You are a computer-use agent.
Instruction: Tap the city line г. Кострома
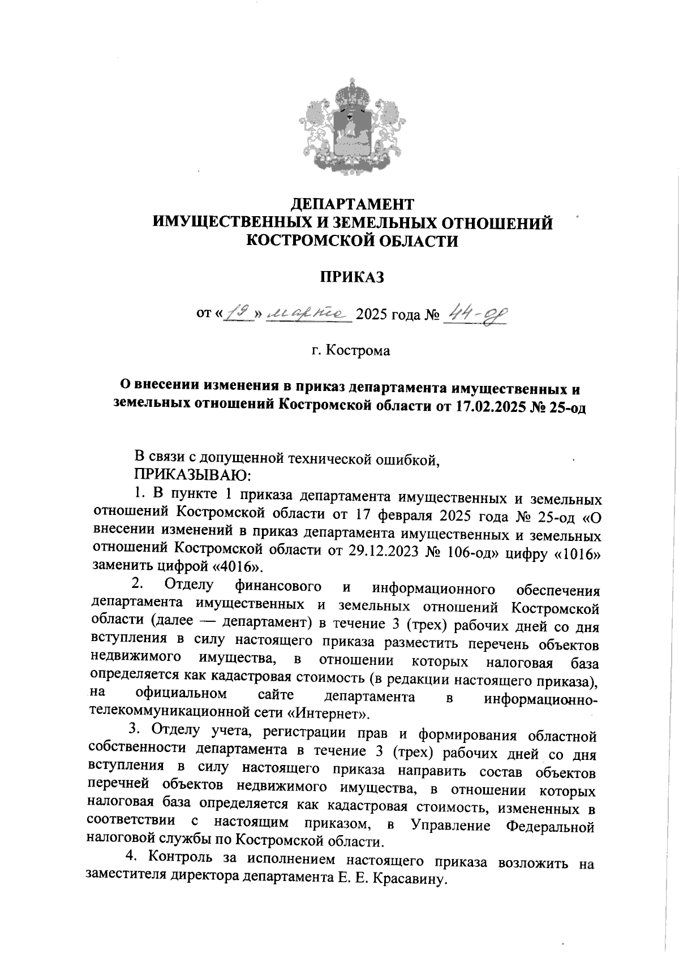tap(351, 351)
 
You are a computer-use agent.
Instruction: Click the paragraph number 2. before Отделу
tap(137, 583)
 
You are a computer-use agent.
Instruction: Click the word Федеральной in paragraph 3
tap(549, 827)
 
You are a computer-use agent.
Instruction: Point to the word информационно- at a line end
tap(540, 699)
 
